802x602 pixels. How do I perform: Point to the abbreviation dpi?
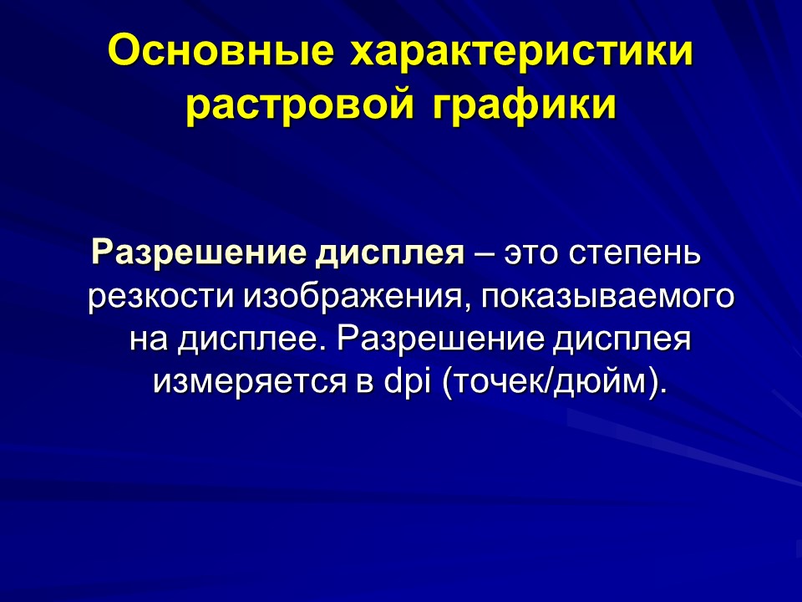(x=404, y=382)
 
